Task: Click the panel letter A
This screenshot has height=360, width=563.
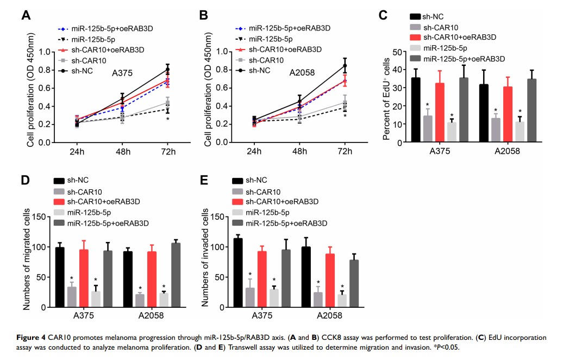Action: pyautogui.click(x=26, y=16)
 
